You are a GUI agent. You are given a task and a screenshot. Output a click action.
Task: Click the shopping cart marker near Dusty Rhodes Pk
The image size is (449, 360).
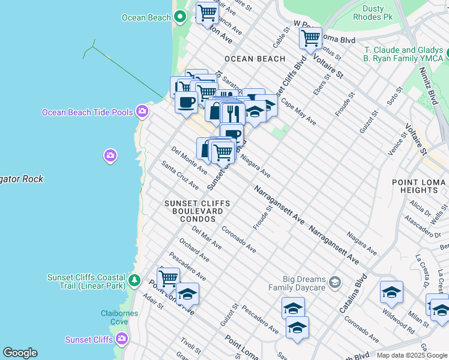click(310, 38)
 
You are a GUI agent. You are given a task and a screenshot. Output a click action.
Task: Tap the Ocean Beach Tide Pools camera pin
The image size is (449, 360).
click(142, 111)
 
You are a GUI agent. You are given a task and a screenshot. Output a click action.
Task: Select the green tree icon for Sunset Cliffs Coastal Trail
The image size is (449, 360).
click(135, 280)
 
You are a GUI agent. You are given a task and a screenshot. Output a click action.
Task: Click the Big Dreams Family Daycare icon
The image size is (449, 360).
click(334, 282)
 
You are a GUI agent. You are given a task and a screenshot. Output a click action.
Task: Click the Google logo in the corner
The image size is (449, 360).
click(20, 353)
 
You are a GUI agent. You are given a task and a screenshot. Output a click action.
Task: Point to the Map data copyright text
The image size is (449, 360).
click(412, 355)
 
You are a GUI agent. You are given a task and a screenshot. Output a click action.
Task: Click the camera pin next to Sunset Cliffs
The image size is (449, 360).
click(122, 340)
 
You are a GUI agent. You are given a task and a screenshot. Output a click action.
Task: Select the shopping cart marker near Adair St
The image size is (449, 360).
click(168, 278)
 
